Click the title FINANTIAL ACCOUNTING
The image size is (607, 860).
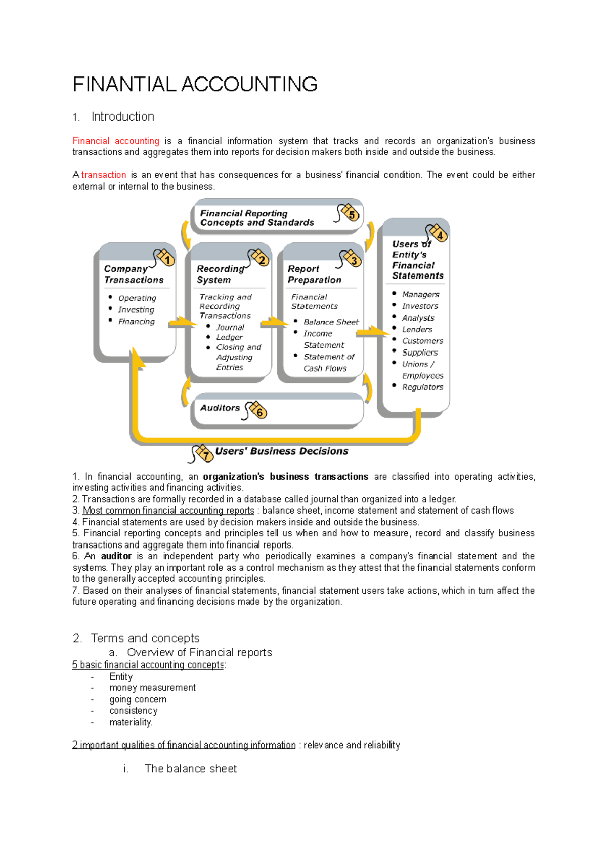[195, 84]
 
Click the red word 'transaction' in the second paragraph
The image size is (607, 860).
[104, 175]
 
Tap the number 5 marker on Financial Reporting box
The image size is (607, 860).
[352, 214]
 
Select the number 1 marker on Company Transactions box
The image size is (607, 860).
[167, 260]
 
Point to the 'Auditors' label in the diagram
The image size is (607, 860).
[220, 408]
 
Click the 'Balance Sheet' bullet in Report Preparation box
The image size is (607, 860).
[331, 322]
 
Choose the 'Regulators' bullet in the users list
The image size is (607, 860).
[422, 387]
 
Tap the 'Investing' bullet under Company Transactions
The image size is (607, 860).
[136, 309]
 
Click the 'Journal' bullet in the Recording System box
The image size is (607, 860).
[230, 327]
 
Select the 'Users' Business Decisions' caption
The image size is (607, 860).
[281, 451]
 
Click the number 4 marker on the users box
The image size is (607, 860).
[440, 236]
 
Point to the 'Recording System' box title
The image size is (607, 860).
[220, 274]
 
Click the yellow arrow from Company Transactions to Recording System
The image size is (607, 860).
[180, 323]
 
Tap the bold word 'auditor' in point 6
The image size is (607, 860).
[116, 556]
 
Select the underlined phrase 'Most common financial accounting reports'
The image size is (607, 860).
[168, 511]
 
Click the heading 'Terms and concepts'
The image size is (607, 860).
[145, 638]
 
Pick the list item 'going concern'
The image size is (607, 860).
[138, 699]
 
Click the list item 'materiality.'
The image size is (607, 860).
[131, 722]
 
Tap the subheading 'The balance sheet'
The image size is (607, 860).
[191, 769]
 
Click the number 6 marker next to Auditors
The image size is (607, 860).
[259, 412]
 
